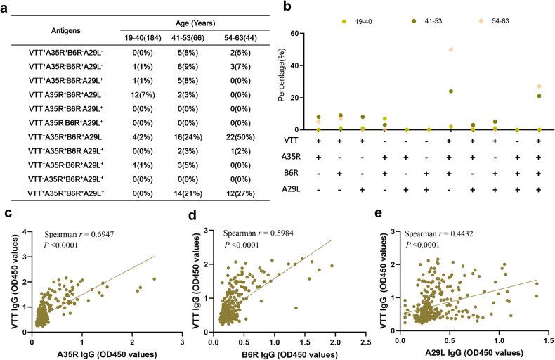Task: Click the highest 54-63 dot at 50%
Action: (x=450, y=49)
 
